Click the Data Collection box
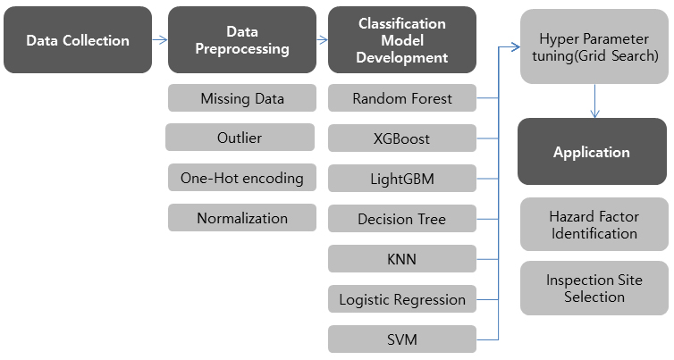coord(78,40)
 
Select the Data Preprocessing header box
coord(242,40)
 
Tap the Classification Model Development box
coord(402,40)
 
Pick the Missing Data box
coord(242,98)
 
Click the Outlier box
coord(240,138)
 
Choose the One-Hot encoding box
coord(242,178)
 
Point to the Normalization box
coord(242,218)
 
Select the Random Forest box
coord(402,98)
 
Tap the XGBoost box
coord(402,138)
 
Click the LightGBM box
coord(402,179)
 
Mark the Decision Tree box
coord(402,219)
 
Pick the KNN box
coord(402,259)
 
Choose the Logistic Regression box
coord(402,299)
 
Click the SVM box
coord(402,339)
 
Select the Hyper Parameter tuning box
coord(594,46)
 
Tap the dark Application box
coord(593,152)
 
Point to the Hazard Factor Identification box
coord(594,224)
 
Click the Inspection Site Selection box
coord(594,289)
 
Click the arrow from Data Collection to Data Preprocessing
coord(160,40)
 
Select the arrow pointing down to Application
coord(595,101)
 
